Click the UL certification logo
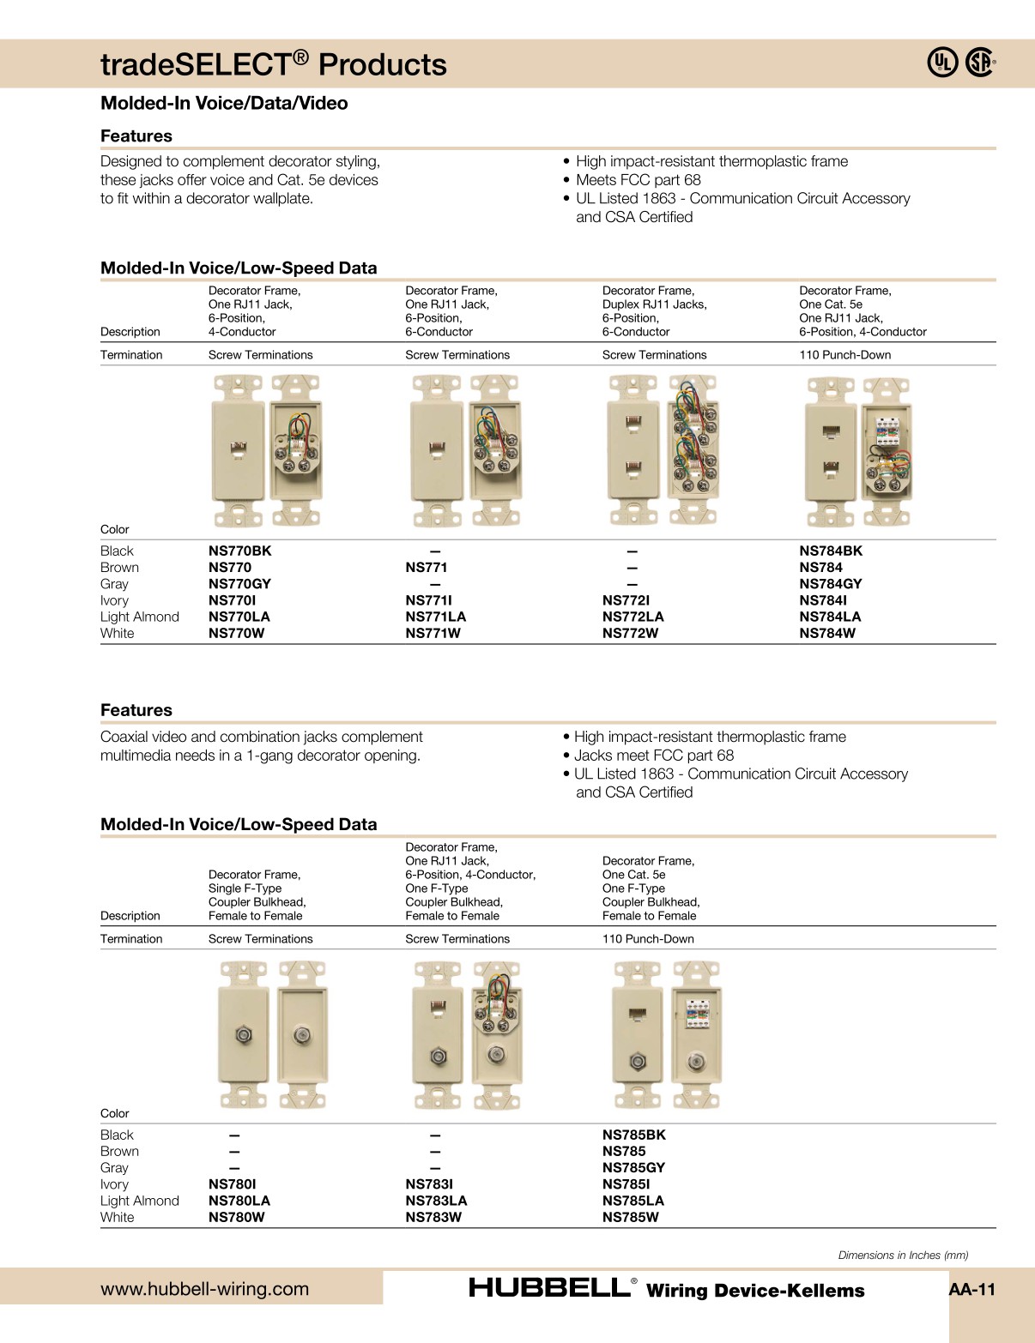(x=941, y=63)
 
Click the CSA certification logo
(x=980, y=63)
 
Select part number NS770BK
(x=239, y=551)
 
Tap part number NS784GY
(x=830, y=583)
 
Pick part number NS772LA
(x=632, y=617)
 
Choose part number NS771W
(x=433, y=633)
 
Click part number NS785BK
(x=633, y=1135)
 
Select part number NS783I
(x=429, y=1183)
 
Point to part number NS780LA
(x=239, y=1201)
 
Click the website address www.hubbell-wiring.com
(x=204, y=1288)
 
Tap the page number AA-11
(x=971, y=1289)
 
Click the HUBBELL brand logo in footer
(x=550, y=1287)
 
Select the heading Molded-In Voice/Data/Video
(x=224, y=103)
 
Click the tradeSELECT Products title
(x=273, y=64)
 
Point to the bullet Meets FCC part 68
(x=638, y=180)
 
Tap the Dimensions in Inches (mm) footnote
(x=903, y=1255)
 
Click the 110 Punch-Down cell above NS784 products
(x=844, y=355)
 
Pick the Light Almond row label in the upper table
(x=139, y=617)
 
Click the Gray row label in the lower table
(x=114, y=1167)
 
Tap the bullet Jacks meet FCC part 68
(x=653, y=756)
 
